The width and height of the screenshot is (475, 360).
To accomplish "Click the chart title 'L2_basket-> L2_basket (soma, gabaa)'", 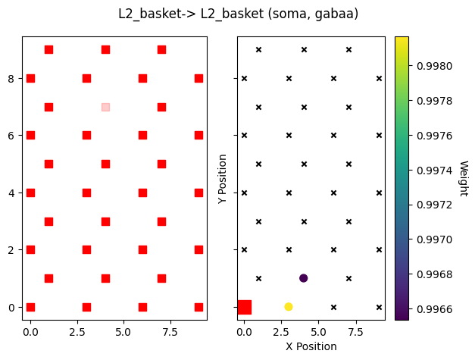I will pyautogui.click(x=238, y=14).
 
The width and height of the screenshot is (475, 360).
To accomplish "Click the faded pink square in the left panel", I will pyautogui.click(x=105, y=107).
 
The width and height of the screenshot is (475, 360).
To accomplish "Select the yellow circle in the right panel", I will pyautogui.click(x=289, y=306).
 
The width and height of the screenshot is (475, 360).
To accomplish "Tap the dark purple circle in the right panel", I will pyautogui.click(x=304, y=278).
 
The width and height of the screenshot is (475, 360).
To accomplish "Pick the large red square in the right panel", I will pyautogui.click(x=244, y=307).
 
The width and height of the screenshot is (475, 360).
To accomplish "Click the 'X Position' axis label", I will pyautogui.click(x=311, y=346).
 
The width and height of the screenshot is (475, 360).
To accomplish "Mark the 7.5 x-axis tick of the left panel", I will pyautogui.click(x=170, y=331).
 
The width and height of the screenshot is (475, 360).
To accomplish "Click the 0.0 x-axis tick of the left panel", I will pyautogui.click(x=30, y=331).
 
